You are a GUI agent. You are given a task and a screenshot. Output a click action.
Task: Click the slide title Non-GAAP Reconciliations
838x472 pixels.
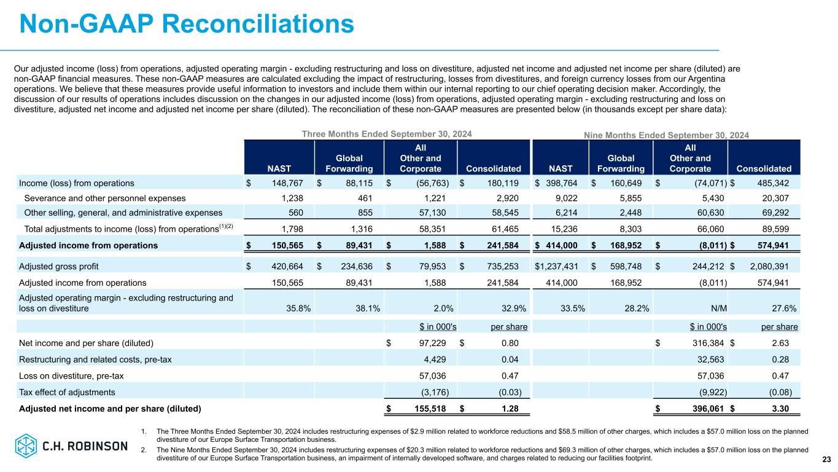(187, 24)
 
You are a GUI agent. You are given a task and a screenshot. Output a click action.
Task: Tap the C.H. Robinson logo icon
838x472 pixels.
(27, 446)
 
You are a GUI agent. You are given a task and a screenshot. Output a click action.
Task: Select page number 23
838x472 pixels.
(826, 459)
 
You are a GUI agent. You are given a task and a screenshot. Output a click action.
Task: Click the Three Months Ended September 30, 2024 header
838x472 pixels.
(387, 133)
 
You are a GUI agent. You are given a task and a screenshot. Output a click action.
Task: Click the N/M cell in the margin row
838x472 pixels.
(715, 308)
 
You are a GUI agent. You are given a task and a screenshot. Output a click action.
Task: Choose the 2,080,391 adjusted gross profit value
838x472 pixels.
(771, 267)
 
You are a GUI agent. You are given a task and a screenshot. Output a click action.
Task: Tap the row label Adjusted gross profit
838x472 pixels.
(59, 267)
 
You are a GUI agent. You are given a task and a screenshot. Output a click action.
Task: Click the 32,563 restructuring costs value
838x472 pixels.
(712, 360)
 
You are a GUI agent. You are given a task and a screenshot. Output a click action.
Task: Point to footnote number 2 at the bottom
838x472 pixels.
(144, 450)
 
